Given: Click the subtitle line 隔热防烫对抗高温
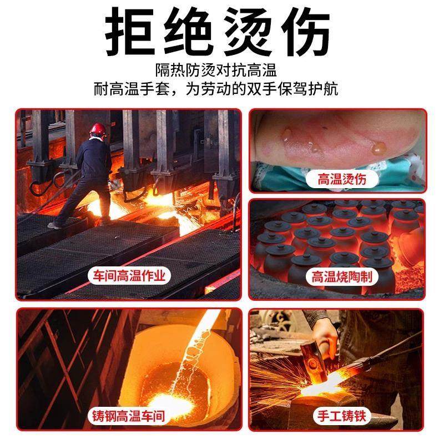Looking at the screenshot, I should pos(222,71).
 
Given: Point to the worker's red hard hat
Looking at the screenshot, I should pos(98,128).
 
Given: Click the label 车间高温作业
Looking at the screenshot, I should pos(129,276).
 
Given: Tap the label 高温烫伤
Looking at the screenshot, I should pos(338,178).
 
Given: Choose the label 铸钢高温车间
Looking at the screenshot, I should pos(129,415).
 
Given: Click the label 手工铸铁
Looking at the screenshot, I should pos(337,415).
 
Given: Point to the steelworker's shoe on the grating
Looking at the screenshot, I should pos(56,225).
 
